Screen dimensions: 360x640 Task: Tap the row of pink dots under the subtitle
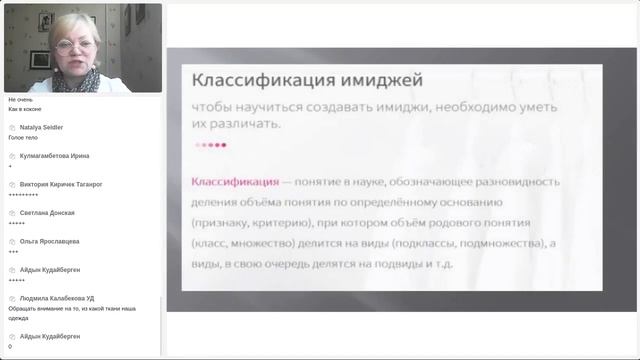coord(210,145)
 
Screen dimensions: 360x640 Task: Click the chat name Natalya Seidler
coord(41,127)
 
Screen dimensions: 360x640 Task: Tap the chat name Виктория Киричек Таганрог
coord(61,184)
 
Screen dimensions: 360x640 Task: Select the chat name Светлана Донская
coord(46,213)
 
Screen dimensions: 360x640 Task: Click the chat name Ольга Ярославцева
coord(49,241)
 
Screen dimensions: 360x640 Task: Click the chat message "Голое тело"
coord(22,137)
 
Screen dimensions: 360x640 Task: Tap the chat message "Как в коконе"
coord(24,108)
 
